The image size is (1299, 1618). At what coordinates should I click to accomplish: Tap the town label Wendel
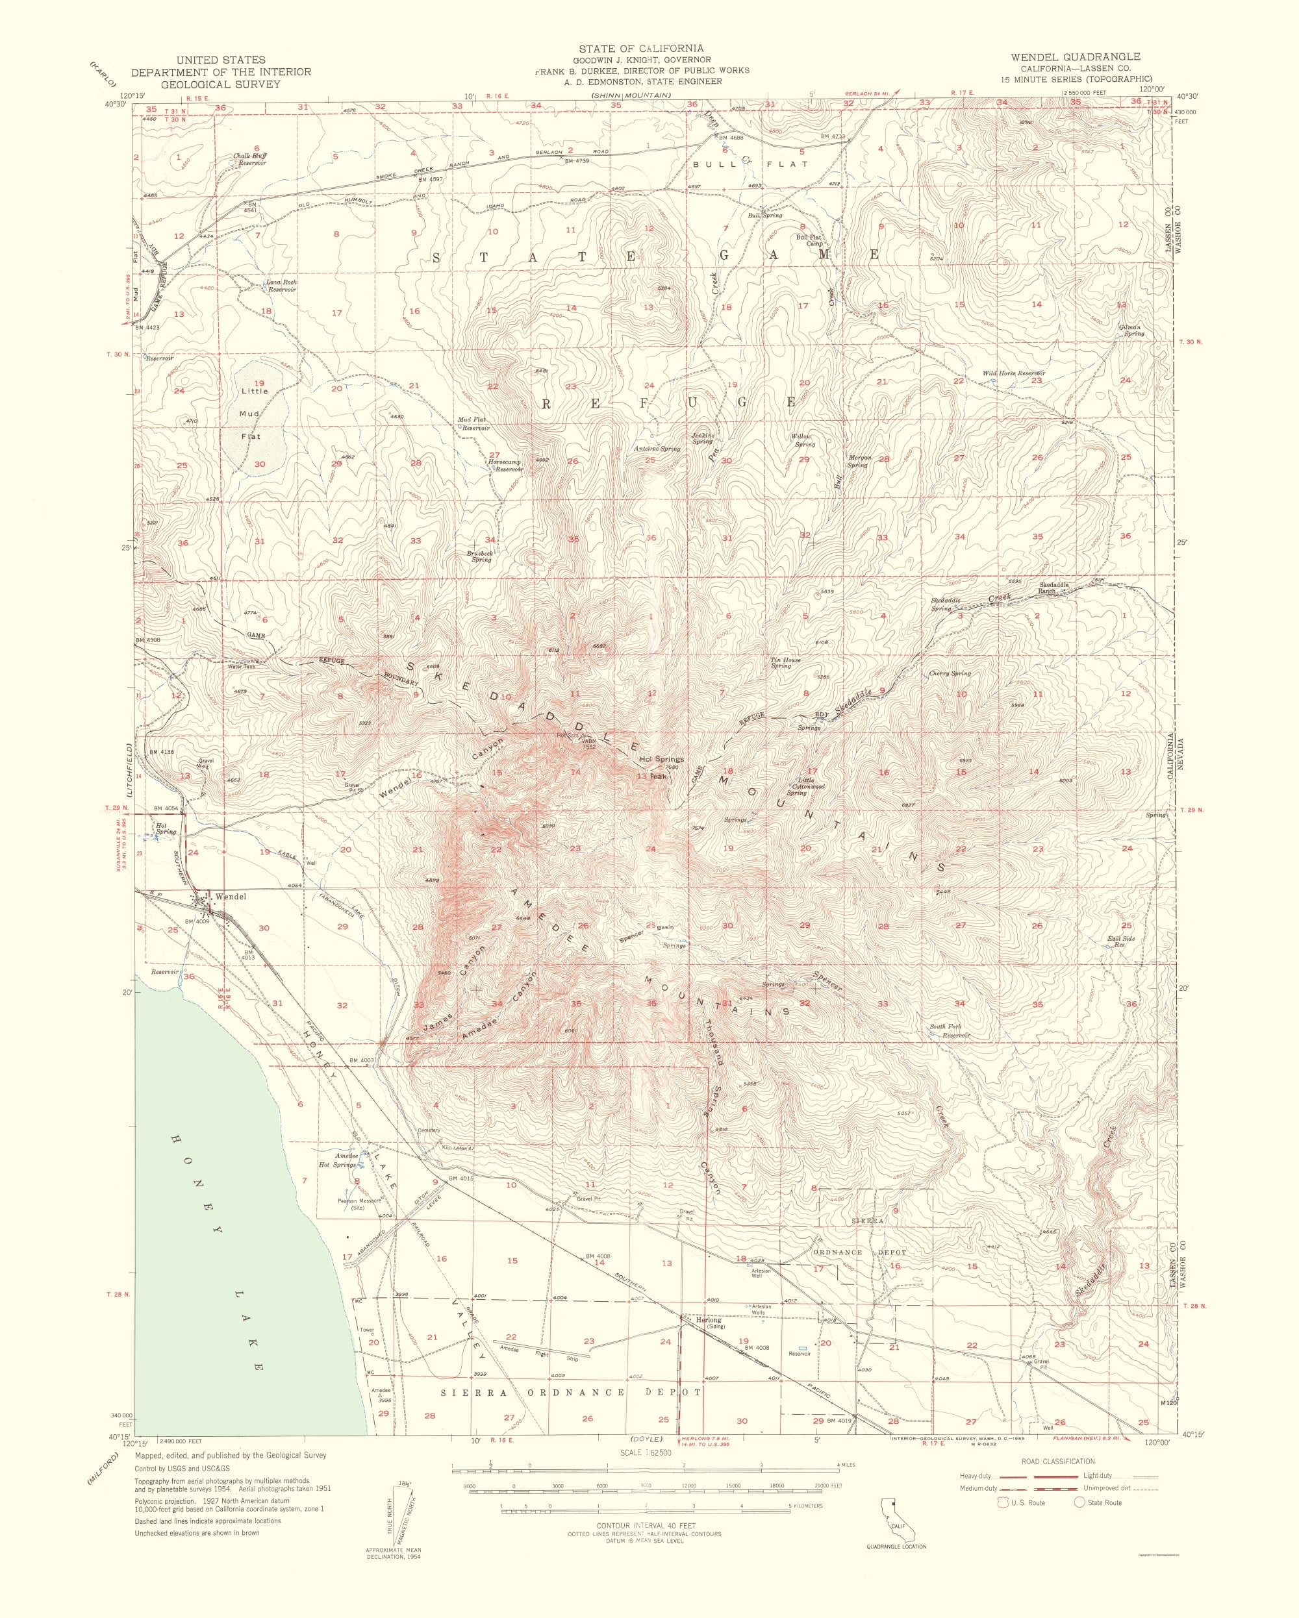[230, 896]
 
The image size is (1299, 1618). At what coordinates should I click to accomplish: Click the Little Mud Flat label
[251, 414]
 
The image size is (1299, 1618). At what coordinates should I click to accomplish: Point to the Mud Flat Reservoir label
[475, 424]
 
